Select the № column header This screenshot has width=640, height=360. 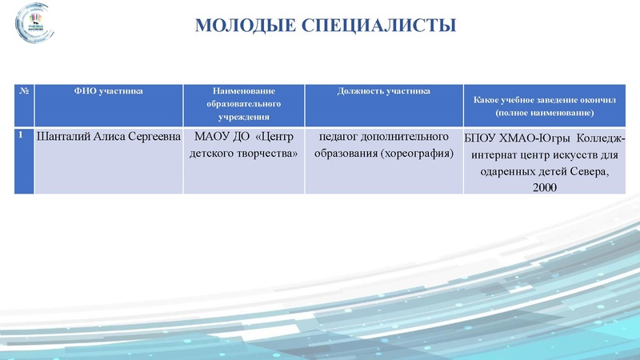[x=24, y=91]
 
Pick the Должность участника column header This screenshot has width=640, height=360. [x=383, y=91]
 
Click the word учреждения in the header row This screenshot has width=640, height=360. [x=243, y=118]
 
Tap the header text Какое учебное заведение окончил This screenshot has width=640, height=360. [x=544, y=101]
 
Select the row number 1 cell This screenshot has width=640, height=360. [x=23, y=136]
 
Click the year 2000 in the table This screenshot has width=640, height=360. [x=543, y=187]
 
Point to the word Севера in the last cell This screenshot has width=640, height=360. [x=589, y=171]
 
